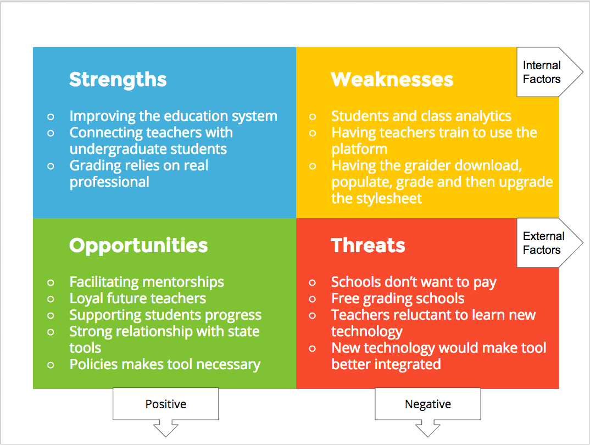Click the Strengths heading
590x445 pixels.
pos(118,80)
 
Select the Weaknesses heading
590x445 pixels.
pos(392,79)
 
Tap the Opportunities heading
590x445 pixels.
pos(138,246)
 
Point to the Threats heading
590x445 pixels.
pos(368,245)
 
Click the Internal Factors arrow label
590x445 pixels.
pos(542,72)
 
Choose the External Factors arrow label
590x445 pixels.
pos(543,243)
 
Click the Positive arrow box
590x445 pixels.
pos(165,404)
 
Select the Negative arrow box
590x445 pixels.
pos(428,404)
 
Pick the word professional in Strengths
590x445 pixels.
pos(109,182)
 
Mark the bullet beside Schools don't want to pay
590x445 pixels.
pos(313,282)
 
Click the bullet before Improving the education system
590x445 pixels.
pos(51,116)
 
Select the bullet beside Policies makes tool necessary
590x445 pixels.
pos(51,365)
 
